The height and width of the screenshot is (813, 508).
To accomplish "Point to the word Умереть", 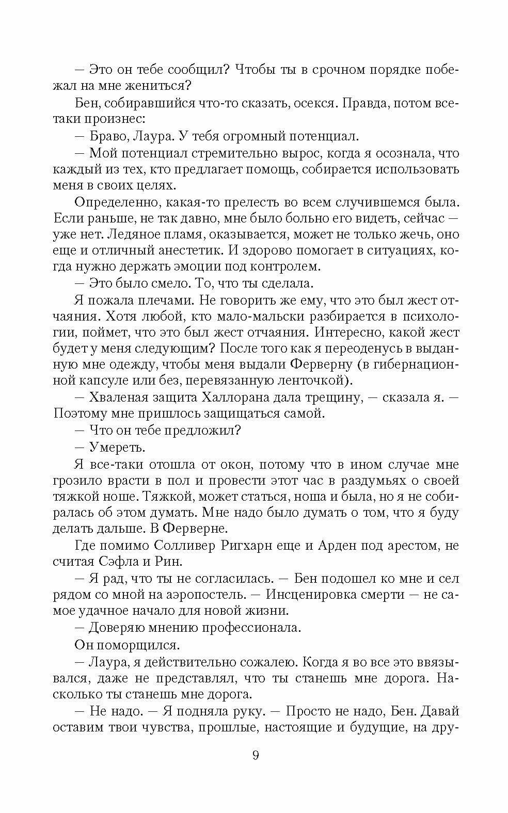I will [114, 447].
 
